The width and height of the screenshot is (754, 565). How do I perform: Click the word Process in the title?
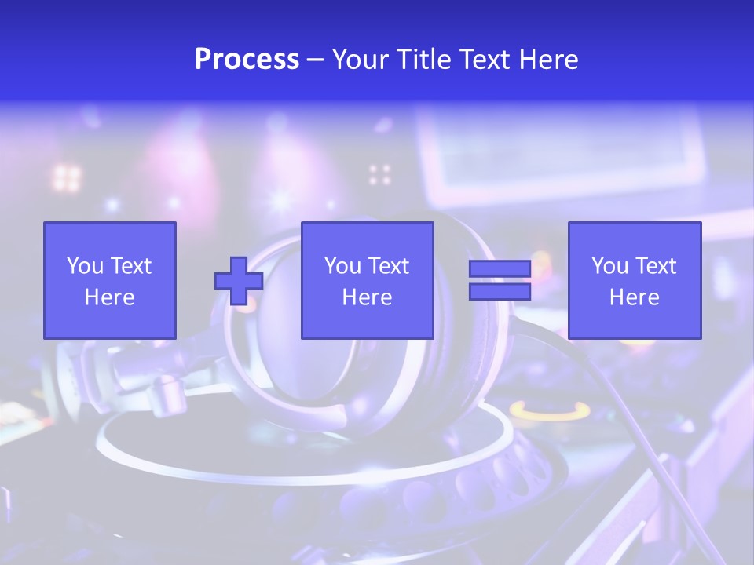click(247, 60)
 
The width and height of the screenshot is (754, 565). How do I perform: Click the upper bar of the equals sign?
click(500, 269)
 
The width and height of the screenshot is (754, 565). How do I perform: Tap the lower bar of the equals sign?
click(500, 292)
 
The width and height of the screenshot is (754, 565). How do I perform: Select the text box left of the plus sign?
click(110, 280)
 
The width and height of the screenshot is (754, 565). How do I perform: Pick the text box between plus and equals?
click(367, 280)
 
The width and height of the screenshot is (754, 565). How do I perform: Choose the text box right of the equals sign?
click(635, 280)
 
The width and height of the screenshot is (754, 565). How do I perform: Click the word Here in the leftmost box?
click(110, 297)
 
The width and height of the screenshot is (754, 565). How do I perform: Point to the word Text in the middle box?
click(389, 266)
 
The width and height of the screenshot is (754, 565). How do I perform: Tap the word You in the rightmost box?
click(609, 266)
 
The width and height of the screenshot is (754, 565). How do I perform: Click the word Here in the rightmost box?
click(635, 297)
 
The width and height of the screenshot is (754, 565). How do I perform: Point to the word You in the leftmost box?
click(85, 266)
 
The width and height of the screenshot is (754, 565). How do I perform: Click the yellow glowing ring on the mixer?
click(549, 411)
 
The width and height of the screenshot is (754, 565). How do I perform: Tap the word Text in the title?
click(483, 60)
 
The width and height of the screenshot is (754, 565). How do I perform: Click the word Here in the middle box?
click(367, 297)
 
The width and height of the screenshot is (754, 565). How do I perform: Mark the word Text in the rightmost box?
click(656, 266)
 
